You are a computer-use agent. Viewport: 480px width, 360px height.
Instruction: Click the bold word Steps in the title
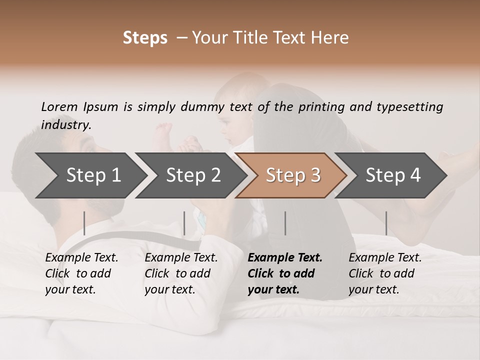pyautogui.click(x=145, y=38)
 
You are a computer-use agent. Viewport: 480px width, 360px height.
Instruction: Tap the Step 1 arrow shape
pyautogui.click(x=90, y=175)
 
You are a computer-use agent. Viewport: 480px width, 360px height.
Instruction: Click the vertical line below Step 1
pyautogui.click(x=84, y=223)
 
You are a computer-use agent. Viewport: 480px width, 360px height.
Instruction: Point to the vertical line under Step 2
pyautogui.click(x=184, y=223)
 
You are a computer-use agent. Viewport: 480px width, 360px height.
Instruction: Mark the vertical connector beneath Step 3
pyautogui.click(x=285, y=223)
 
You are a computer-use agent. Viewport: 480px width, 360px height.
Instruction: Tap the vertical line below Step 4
pyautogui.click(x=386, y=223)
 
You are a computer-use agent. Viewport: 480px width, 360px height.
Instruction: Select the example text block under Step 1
pyautogui.click(x=81, y=273)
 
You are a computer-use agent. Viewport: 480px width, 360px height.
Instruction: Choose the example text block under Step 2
pyautogui.click(x=181, y=273)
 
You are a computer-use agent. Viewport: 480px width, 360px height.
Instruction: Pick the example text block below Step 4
pyautogui.click(x=385, y=273)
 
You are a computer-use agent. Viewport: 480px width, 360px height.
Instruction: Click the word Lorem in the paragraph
pyautogui.click(x=59, y=106)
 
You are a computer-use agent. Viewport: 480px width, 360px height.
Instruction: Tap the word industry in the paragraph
pyautogui.click(x=66, y=125)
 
